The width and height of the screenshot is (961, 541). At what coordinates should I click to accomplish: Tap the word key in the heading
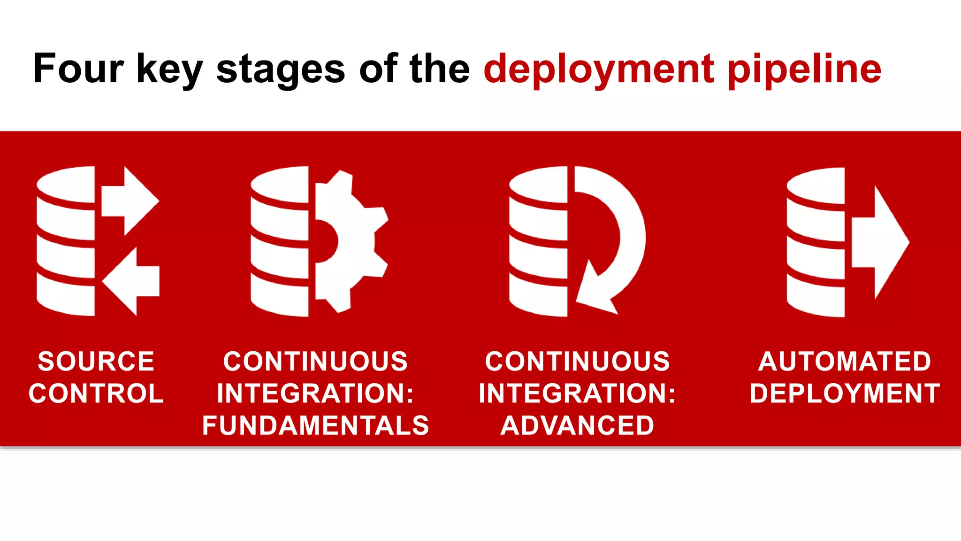[x=169, y=70]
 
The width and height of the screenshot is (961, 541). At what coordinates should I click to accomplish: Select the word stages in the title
[x=281, y=70]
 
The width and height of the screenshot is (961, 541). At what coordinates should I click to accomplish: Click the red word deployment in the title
[x=599, y=70]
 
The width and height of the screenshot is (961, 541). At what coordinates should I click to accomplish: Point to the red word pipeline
[x=804, y=70]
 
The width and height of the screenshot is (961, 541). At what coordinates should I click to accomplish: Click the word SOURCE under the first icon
[x=96, y=362]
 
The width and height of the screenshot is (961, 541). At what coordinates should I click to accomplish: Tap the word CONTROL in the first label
[x=96, y=394]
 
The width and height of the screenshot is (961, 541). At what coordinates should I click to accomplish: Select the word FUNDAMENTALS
[x=315, y=425]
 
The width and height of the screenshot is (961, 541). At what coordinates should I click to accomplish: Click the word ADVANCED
[x=577, y=425]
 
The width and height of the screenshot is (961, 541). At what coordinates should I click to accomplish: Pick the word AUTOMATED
[x=845, y=362]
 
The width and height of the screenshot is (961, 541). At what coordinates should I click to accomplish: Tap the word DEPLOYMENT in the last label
[x=845, y=394]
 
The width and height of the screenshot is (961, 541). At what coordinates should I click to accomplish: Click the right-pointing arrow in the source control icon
[x=131, y=201]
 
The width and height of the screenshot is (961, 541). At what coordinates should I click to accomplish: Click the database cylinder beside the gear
[x=280, y=242]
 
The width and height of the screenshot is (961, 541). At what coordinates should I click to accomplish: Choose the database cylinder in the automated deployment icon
[x=816, y=242]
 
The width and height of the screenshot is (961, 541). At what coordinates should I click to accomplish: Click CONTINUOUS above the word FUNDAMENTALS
[x=315, y=362]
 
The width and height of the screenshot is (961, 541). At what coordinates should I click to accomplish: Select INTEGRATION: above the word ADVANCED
[x=577, y=394]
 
